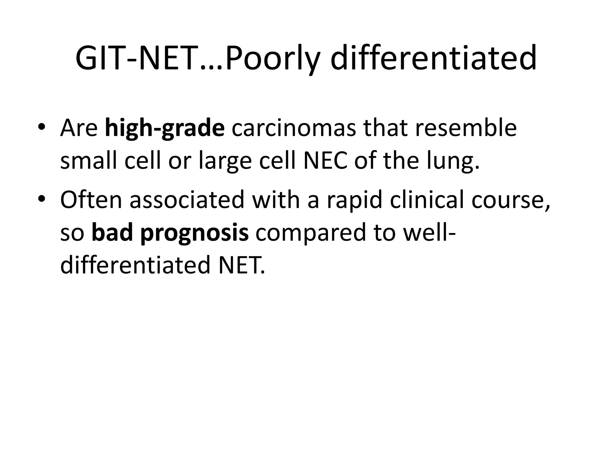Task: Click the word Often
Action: point(91,199)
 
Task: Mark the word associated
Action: point(187,199)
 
